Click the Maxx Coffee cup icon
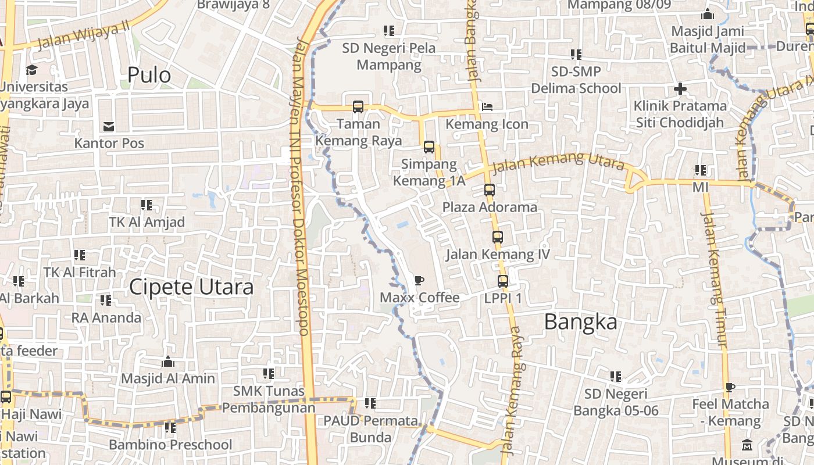click(419, 281)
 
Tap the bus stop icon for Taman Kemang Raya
click(358, 107)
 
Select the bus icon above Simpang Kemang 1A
click(429, 147)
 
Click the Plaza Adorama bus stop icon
click(490, 190)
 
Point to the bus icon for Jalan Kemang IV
click(498, 237)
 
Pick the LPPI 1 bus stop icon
click(503, 281)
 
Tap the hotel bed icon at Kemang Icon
click(487, 107)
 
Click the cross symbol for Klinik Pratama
click(680, 89)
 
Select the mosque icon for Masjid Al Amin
click(168, 362)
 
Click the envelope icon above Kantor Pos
click(109, 126)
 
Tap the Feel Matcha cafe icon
click(730, 387)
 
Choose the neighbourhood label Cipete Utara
click(191, 287)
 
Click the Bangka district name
click(580, 321)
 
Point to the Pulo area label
click(149, 75)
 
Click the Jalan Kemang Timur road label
click(715, 279)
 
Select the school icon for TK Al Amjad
click(147, 205)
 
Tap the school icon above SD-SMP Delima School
click(576, 55)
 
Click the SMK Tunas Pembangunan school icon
click(268, 374)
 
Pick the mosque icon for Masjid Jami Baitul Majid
click(708, 14)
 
